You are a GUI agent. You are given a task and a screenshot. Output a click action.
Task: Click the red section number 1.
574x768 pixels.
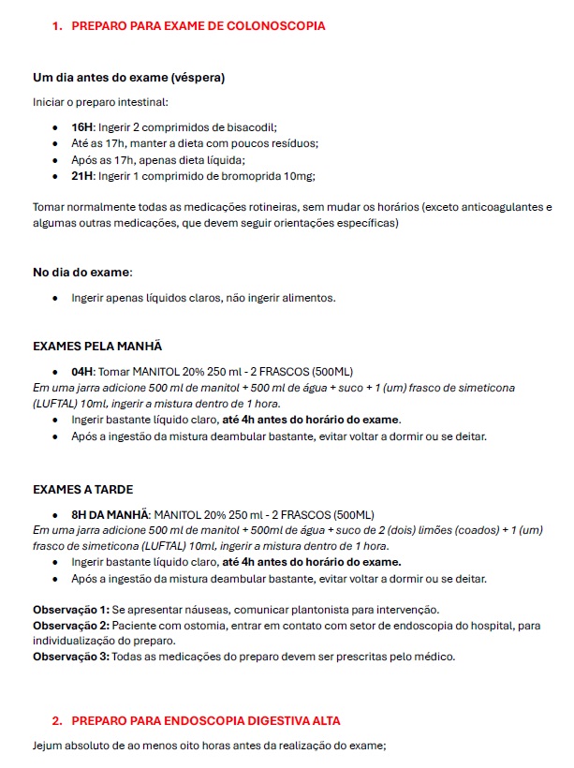click(56, 26)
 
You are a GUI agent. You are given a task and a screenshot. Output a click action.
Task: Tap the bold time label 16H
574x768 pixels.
click(82, 126)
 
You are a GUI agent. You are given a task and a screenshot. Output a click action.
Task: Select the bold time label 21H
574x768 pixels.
click(82, 176)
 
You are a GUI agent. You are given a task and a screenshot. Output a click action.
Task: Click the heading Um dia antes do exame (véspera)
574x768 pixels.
click(128, 77)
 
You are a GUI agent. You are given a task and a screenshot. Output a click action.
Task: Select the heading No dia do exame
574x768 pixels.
click(81, 272)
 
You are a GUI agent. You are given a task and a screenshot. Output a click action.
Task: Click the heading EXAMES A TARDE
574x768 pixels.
click(82, 489)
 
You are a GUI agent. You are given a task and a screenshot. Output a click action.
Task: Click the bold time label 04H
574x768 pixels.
click(82, 370)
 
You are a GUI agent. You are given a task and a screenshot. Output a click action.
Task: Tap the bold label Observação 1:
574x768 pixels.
click(71, 610)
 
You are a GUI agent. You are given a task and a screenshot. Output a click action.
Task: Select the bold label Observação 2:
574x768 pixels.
click(71, 626)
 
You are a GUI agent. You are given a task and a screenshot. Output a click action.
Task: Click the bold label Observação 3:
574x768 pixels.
click(71, 657)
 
